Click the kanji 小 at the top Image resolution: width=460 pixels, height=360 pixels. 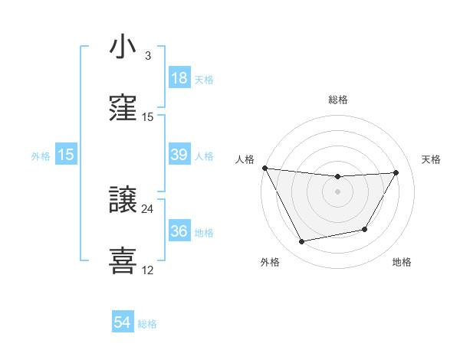tap(123, 47)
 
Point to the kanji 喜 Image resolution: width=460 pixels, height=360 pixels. tap(123, 260)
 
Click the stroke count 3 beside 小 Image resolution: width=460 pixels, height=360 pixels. tap(148, 56)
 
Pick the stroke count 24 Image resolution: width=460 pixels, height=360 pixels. tap(148, 208)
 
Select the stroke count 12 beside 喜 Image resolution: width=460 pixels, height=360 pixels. tap(148, 270)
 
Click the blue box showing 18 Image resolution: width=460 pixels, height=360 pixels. tap(179, 78)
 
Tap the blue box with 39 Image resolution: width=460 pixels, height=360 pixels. tap(179, 155)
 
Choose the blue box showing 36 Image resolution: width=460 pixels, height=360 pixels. tap(179, 231)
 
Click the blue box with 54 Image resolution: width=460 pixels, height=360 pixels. tap(123, 323)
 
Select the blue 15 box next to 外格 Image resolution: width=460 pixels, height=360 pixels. tap(66, 155)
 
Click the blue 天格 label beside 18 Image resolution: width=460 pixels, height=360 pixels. tap(204, 79)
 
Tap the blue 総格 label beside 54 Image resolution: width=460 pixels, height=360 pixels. tap(147, 324)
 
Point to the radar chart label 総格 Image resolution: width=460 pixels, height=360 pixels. tap(338, 100)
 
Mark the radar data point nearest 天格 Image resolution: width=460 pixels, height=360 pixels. tap(396, 173)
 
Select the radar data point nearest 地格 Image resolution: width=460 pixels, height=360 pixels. tap(365, 229)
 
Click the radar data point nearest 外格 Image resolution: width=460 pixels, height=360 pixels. tap(302, 241)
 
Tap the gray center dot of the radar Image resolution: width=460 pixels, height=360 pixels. tap(337, 191)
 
